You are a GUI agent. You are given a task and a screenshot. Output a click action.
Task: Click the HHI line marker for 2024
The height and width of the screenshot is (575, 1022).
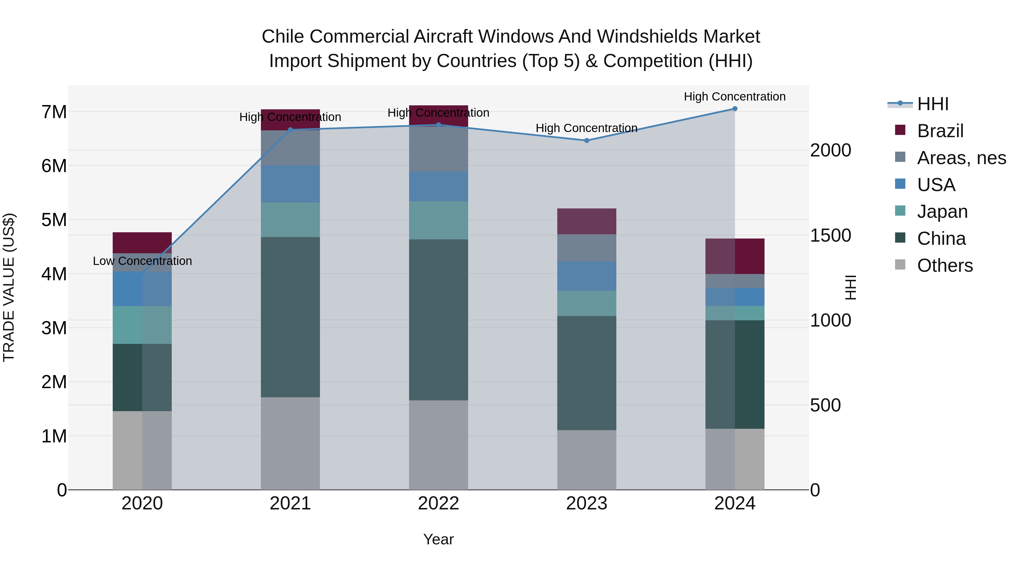735,109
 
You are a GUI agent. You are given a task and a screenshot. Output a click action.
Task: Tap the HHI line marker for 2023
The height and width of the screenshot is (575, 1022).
587,141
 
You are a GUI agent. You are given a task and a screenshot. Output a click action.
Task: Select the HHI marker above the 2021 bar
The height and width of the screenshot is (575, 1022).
290,129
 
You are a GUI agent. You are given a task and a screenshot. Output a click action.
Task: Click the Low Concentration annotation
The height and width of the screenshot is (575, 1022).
143,261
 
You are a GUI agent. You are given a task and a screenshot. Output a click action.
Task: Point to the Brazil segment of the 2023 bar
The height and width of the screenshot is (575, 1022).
587,221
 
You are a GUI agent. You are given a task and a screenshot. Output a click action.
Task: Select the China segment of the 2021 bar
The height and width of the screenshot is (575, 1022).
290,317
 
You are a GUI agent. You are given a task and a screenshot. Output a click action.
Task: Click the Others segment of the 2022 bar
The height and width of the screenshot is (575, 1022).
438,445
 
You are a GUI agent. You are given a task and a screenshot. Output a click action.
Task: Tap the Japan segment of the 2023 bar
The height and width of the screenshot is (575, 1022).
587,304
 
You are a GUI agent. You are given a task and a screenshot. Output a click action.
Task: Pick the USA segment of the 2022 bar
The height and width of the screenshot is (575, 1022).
438,187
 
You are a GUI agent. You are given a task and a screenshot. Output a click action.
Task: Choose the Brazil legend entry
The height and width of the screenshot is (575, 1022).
940,131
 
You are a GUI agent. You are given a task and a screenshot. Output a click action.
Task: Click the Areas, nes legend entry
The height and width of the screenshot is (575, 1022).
961,158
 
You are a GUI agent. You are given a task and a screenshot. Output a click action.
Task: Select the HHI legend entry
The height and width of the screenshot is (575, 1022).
932,104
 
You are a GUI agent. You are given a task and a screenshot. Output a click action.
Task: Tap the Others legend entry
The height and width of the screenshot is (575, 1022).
944,265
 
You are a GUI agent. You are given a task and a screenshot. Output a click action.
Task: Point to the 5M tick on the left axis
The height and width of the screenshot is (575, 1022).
54,220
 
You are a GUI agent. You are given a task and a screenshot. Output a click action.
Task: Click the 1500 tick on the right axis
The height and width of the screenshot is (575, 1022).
830,235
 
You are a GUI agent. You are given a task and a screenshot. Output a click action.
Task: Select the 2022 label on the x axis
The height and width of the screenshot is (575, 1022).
438,503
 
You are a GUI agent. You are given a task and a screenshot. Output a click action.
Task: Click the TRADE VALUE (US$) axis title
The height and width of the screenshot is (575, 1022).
9,287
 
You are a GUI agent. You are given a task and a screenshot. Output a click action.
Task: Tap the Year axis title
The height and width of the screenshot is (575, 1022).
438,539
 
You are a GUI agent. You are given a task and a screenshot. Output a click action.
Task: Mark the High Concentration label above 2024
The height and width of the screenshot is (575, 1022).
735,97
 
